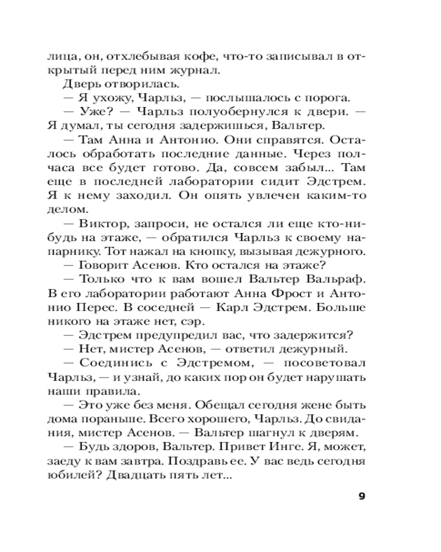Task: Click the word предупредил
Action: pyautogui.click(x=165, y=336)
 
